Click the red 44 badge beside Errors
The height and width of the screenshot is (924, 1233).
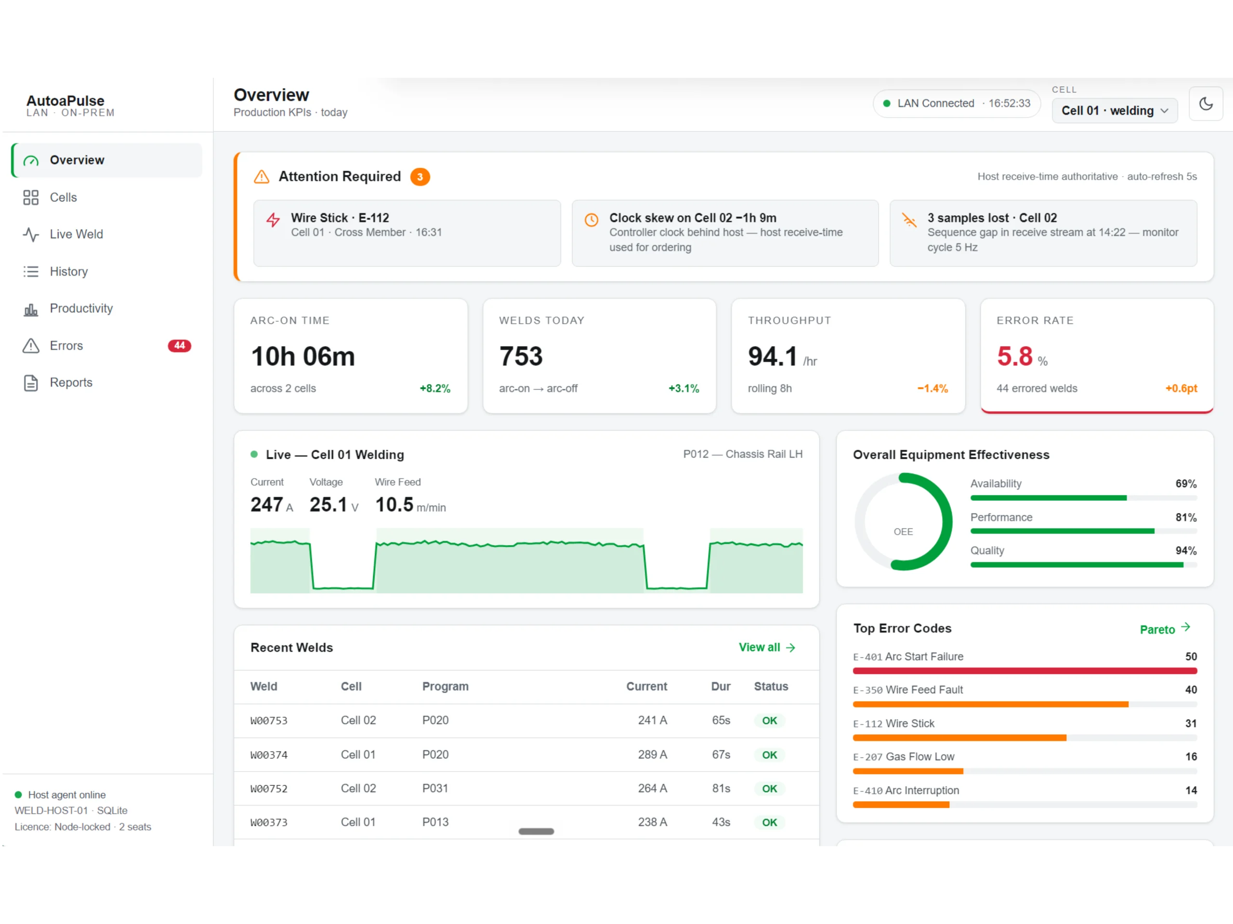[x=180, y=346]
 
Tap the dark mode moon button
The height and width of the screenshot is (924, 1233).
[x=1206, y=104]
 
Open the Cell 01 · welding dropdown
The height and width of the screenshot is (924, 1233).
[x=1114, y=110]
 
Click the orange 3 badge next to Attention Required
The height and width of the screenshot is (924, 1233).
[x=420, y=177]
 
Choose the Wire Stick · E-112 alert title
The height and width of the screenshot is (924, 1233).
[x=340, y=218]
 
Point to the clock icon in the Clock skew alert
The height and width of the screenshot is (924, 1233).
[x=591, y=220]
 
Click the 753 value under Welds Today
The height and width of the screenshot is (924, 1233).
[x=521, y=356]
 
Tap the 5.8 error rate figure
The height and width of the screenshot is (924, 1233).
[x=1014, y=356]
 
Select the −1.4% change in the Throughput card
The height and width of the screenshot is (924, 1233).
[x=932, y=389]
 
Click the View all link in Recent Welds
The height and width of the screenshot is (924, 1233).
[x=767, y=647]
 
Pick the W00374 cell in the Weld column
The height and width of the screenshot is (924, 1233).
[x=269, y=755]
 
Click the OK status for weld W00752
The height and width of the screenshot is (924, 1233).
[x=769, y=789]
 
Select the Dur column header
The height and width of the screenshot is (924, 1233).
[x=720, y=687]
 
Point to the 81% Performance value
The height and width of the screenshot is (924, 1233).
[x=1186, y=517]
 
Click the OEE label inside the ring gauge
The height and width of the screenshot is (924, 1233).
[x=903, y=532]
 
